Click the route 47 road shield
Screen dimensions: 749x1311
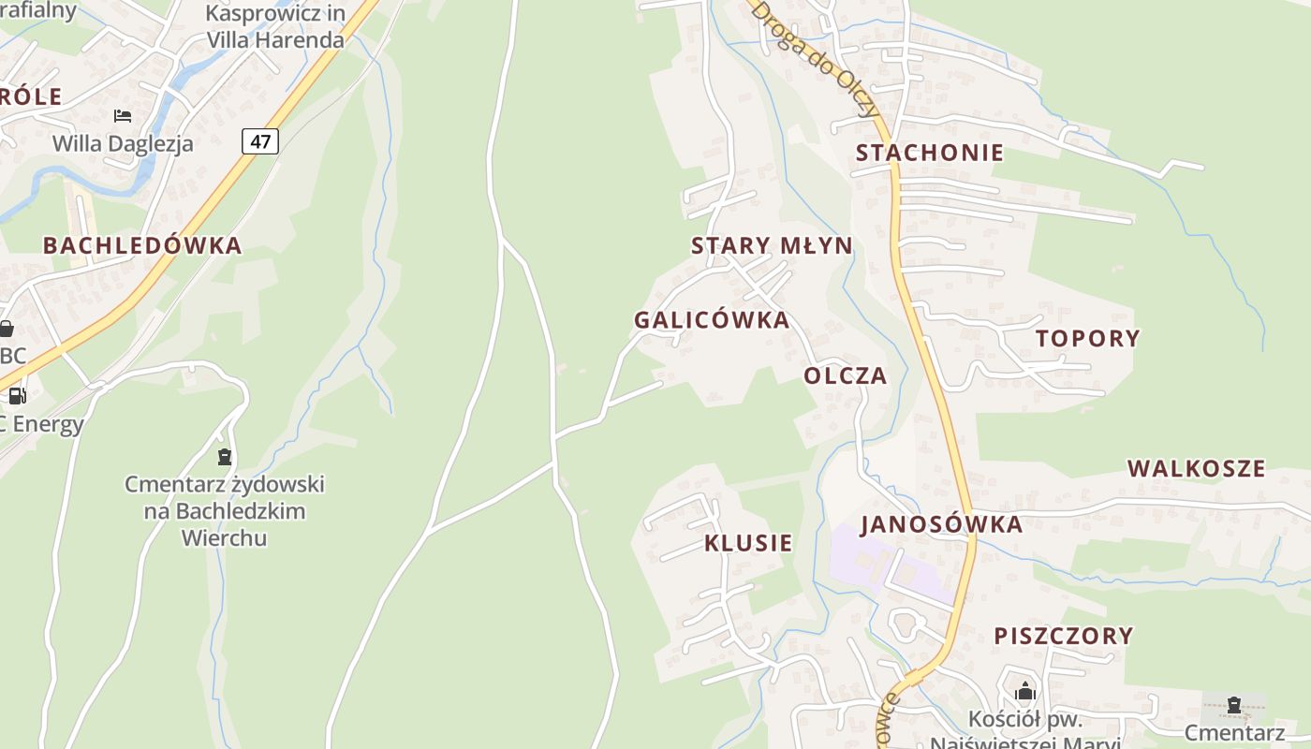260,141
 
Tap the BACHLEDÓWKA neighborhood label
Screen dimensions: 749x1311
142,246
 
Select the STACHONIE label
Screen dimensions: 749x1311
929,153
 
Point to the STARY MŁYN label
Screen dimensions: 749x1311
772,246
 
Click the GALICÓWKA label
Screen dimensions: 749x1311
712,320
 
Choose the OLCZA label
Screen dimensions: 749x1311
845,376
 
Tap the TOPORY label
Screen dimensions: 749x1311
1087,339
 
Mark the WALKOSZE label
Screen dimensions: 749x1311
1196,468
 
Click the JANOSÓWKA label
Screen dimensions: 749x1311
941,524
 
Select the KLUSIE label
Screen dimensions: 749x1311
748,543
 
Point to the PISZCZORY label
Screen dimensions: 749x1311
1063,636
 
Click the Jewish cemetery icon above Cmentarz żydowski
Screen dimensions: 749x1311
224,457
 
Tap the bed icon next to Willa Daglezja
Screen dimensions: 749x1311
123,116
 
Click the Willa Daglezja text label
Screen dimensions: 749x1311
123,143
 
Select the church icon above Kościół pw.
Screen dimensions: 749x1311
1025,692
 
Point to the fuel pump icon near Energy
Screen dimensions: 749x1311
17,396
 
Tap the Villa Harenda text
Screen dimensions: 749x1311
275,40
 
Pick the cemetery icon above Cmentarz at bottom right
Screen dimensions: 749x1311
1233,704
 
